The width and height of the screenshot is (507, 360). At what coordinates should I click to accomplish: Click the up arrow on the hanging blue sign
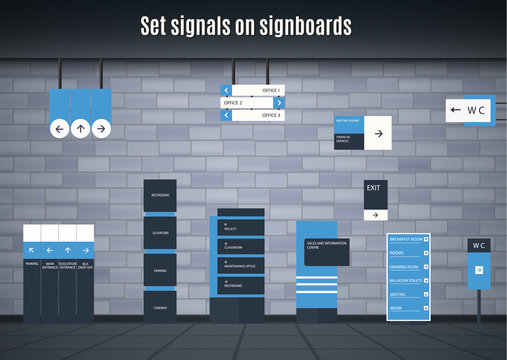pyautogui.click(x=79, y=128)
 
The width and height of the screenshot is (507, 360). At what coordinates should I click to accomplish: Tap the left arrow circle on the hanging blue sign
pyautogui.click(x=59, y=128)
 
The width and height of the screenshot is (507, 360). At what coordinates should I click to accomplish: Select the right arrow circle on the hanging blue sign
pyautogui.click(x=99, y=128)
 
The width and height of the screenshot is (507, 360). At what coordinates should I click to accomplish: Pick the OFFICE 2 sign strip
pyautogui.click(x=247, y=102)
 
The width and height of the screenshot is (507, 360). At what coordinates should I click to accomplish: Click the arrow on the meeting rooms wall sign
pyautogui.click(x=378, y=132)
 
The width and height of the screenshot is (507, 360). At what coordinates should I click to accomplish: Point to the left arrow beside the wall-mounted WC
pyautogui.click(x=456, y=111)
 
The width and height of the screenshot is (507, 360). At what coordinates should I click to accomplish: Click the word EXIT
pyautogui.click(x=374, y=188)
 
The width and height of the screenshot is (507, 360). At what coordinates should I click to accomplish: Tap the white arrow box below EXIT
pyautogui.click(x=375, y=214)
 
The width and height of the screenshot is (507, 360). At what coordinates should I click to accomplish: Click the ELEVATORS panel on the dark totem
pyautogui.click(x=160, y=233)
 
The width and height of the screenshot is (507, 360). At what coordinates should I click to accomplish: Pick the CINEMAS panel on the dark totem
pyautogui.click(x=160, y=307)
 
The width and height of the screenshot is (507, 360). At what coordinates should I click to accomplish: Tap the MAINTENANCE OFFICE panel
pyautogui.click(x=242, y=265)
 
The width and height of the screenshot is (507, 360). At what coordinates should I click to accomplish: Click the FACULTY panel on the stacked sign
pyautogui.click(x=242, y=227)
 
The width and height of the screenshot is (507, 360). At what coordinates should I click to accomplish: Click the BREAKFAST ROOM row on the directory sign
pyautogui.click(x=408, y=240)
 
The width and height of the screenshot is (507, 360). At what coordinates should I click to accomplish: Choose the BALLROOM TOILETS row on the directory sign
pyautogui.click(x=408, y=281)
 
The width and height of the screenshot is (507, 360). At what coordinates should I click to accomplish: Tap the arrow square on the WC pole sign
pyautogui.click(x=478, y=270)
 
